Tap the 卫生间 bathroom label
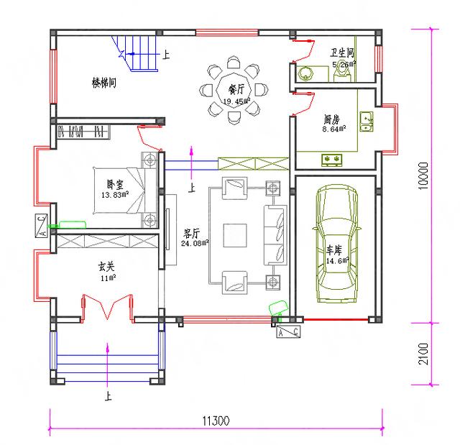coord(342,53)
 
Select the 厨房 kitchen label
coord(332,120)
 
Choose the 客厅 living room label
coord(191,233)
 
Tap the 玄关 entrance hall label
coord(108,267)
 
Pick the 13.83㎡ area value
coord(114,195)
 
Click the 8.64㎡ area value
coord(334,129)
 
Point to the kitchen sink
coord(367,121)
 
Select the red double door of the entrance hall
coord(108,307)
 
